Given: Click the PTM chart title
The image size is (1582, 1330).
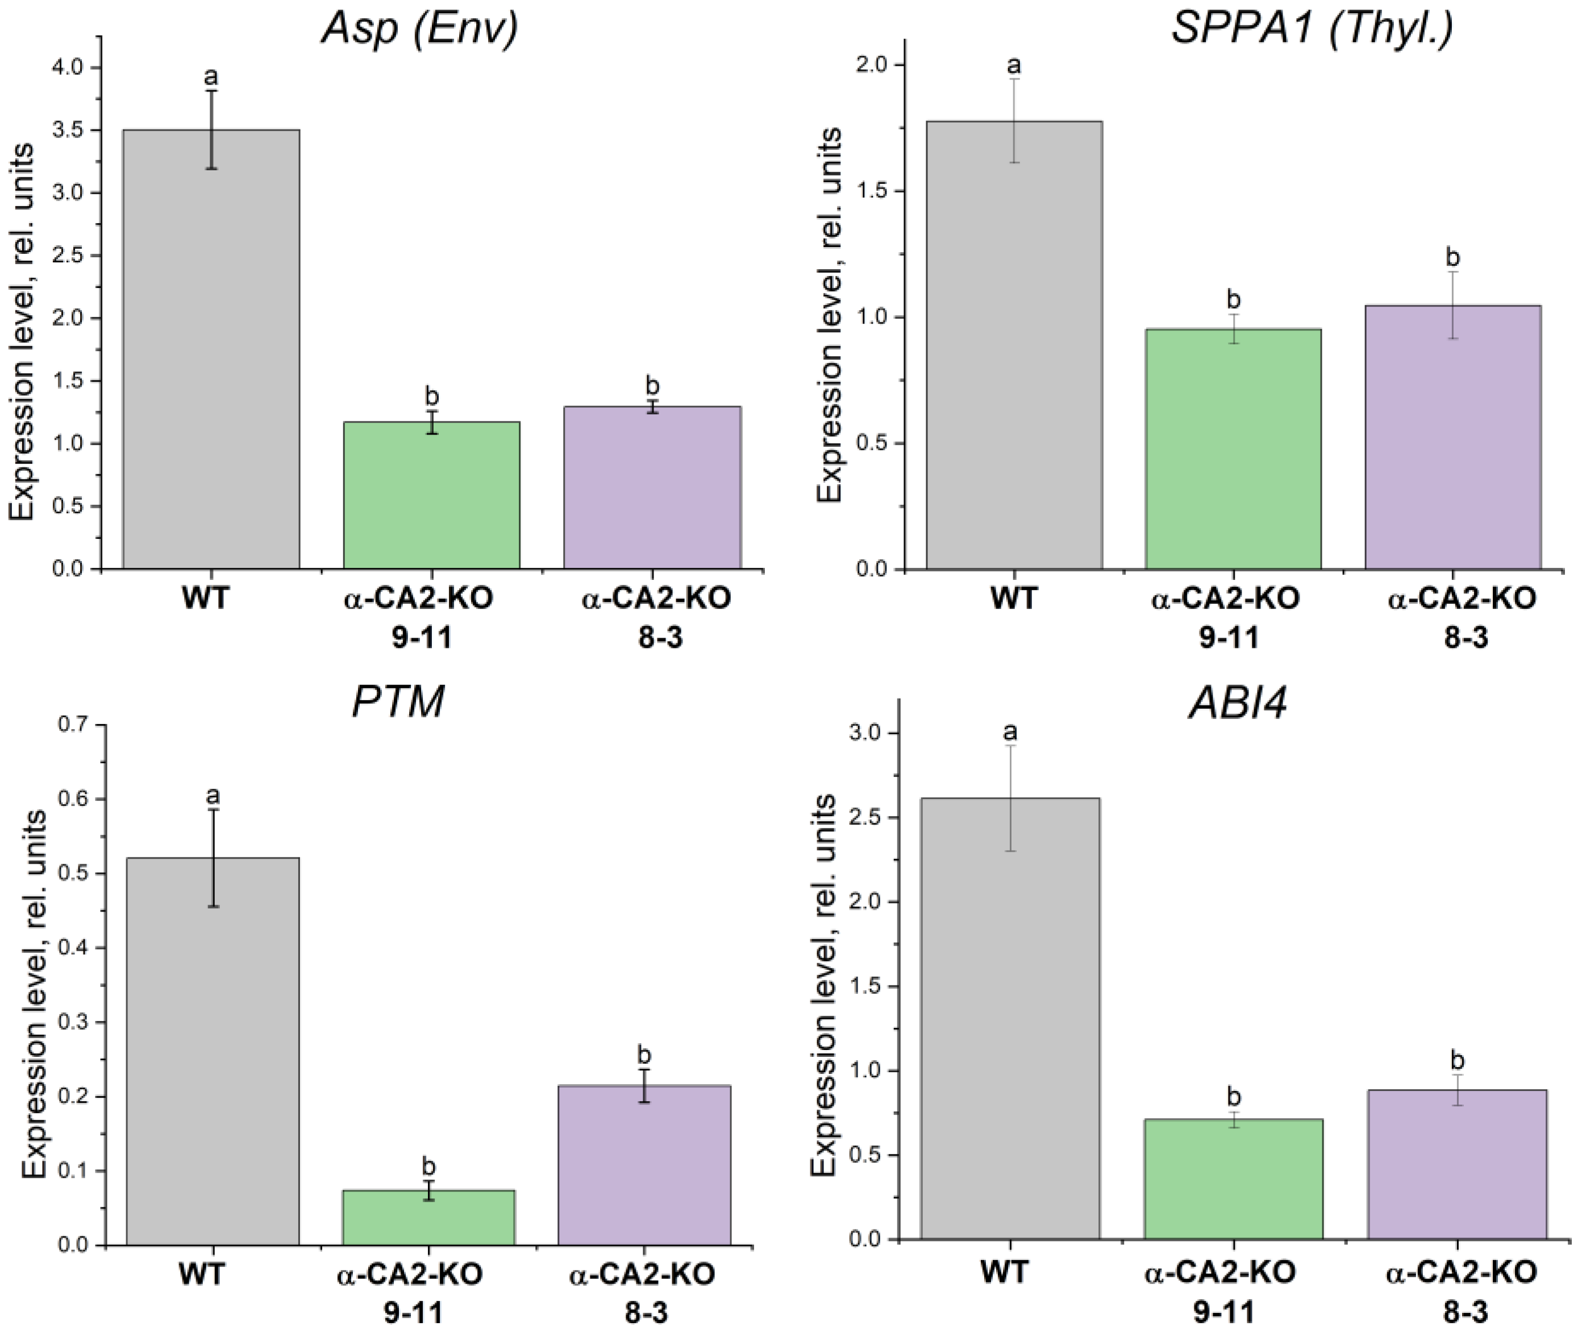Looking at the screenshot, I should tap(398, 702).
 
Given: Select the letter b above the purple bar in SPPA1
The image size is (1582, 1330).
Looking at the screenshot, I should tap(1452, 257).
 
